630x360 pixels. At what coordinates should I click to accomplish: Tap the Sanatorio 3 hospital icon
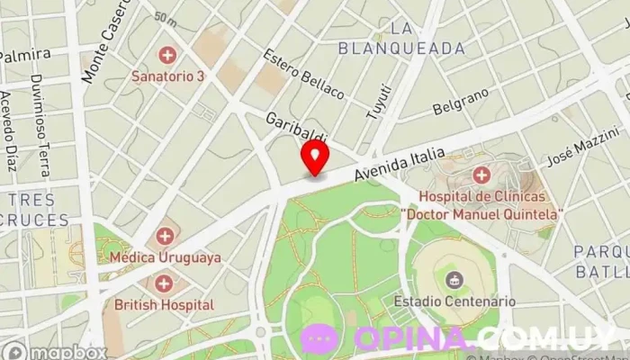click(166, 56)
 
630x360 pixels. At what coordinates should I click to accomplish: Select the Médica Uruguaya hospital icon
click(164, 237)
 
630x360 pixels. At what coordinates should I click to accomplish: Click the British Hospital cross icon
click(164, 284)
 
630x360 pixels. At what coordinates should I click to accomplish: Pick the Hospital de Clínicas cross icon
click(481, 174)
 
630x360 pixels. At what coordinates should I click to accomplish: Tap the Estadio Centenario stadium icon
click(454, 280)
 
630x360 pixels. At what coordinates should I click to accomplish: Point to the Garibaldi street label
click(295, 129)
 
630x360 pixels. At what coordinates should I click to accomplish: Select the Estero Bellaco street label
click(303, 74)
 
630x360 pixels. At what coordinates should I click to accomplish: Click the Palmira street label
click(24, 55)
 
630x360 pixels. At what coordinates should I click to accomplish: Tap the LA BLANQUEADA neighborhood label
click(401, 38)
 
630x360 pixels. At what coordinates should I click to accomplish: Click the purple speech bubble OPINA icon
click(319, 338)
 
